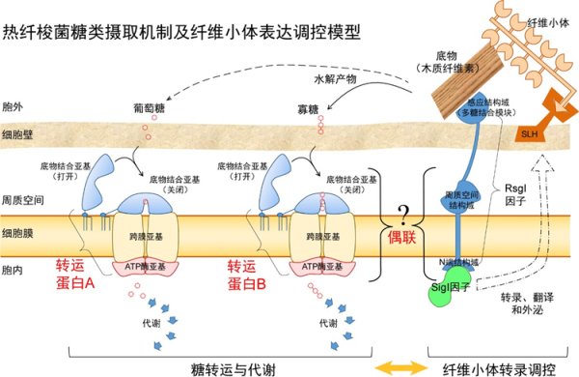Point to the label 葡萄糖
click(148, 107)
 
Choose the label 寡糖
click(311, 108)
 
